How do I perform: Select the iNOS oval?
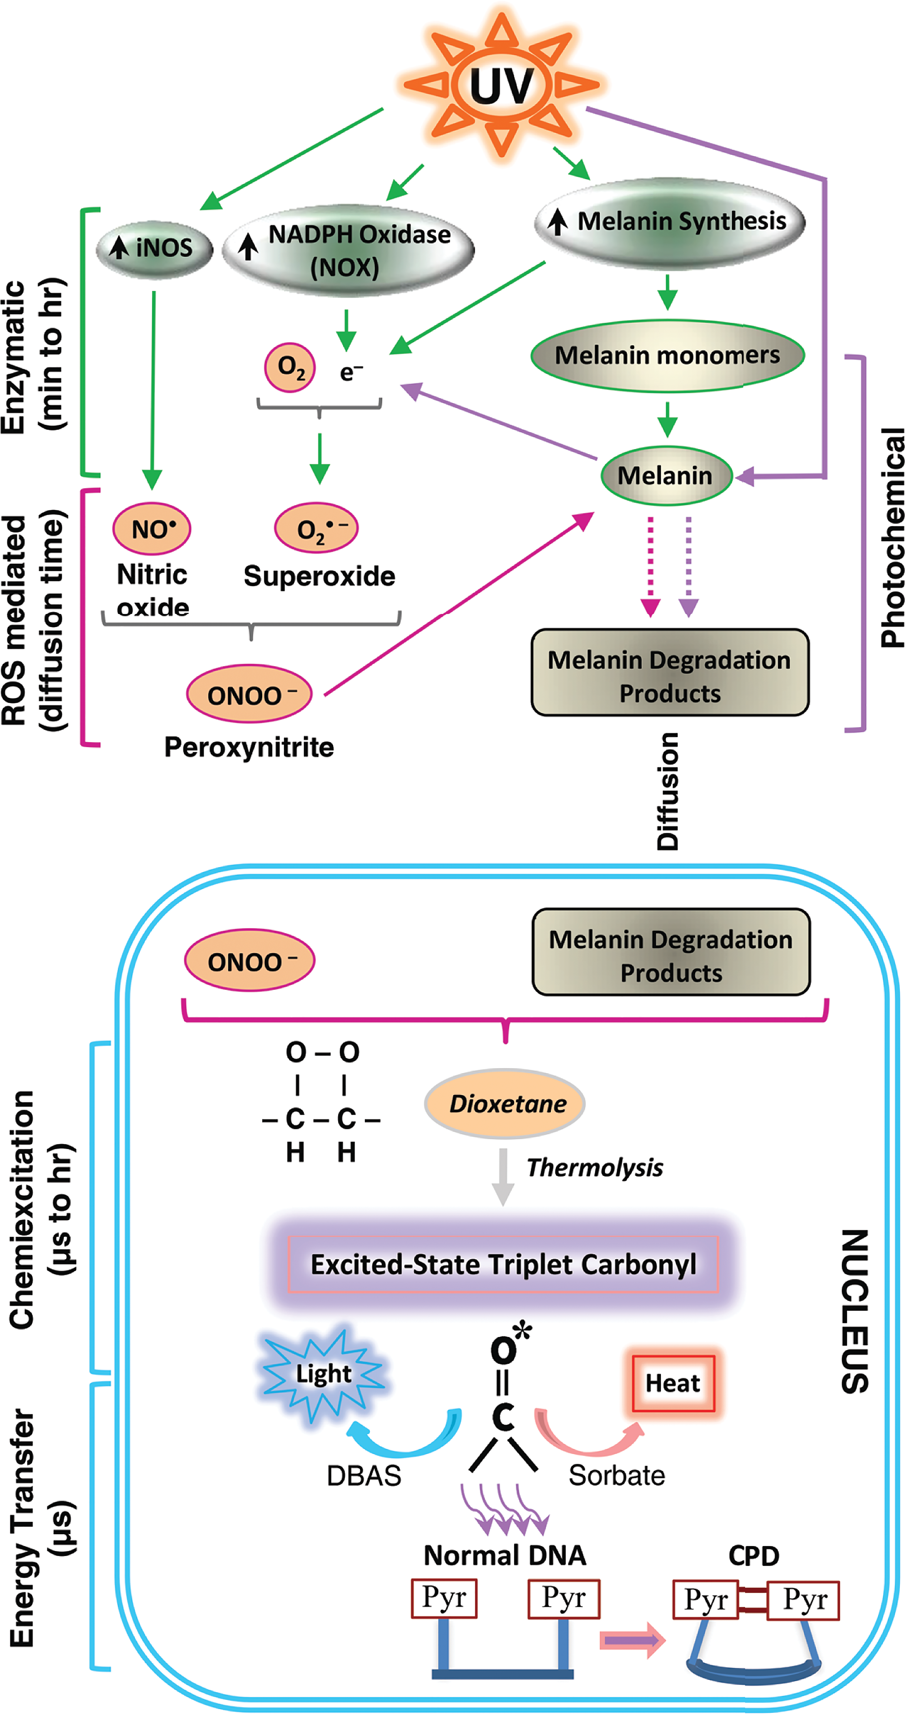tap(154, 248)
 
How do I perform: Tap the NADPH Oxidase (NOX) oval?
tap(348, 250)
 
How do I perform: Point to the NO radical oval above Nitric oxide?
tap(152, 529)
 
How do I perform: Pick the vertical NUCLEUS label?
tap(855, 1311)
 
